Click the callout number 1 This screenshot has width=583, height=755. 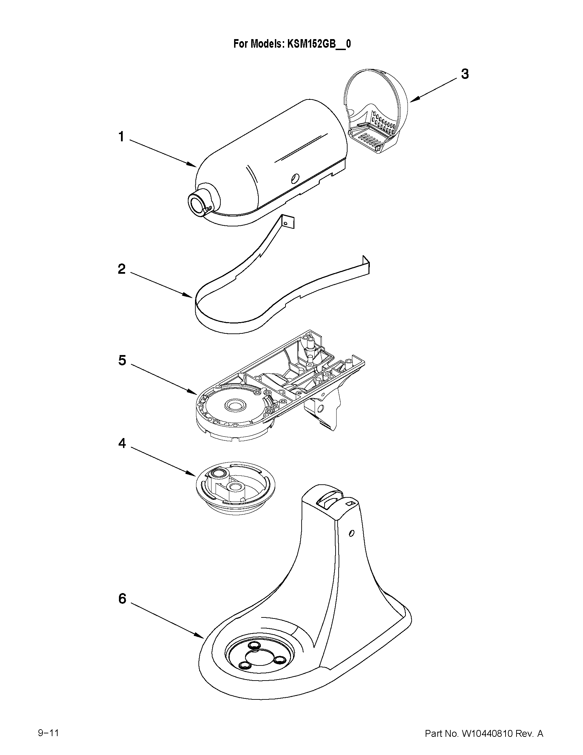click(121, 137)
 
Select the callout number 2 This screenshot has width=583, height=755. click(122, 269)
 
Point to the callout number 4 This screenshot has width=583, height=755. click(122, 443)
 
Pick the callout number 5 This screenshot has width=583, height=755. click(122, 360)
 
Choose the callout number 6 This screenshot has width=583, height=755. click(122, 599)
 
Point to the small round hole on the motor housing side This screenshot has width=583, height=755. click(294, 178)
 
